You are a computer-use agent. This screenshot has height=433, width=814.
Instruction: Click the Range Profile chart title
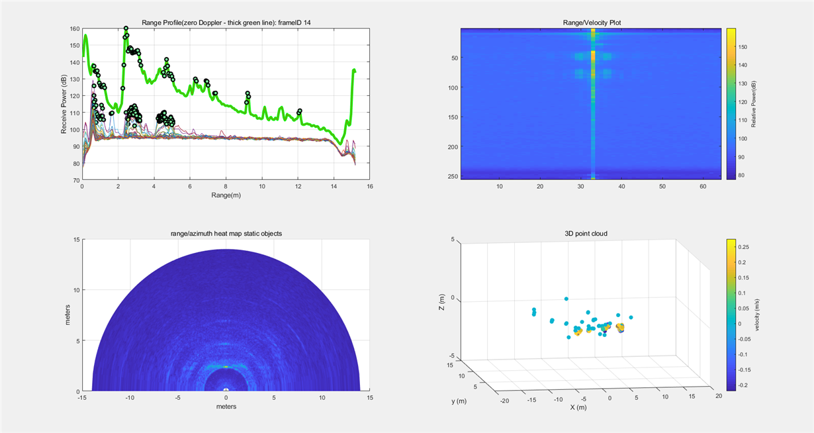(x=226, y=23)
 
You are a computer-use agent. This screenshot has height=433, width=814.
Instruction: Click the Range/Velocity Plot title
(x=592, y=23)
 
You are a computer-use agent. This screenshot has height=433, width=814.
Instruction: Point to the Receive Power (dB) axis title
(x=64, y=104)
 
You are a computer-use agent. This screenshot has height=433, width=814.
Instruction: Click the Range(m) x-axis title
(x=226, y=197)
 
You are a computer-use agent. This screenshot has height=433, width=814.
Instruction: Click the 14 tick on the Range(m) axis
(x=334, y=187)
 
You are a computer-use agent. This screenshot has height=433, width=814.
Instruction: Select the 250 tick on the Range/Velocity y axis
(x=451, y=176)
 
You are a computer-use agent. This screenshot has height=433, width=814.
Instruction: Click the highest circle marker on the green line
(x=126, y=28)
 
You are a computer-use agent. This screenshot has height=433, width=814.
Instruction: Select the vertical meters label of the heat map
(x=68, y=315)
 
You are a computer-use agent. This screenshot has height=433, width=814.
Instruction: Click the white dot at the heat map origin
(x=226, y=389)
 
